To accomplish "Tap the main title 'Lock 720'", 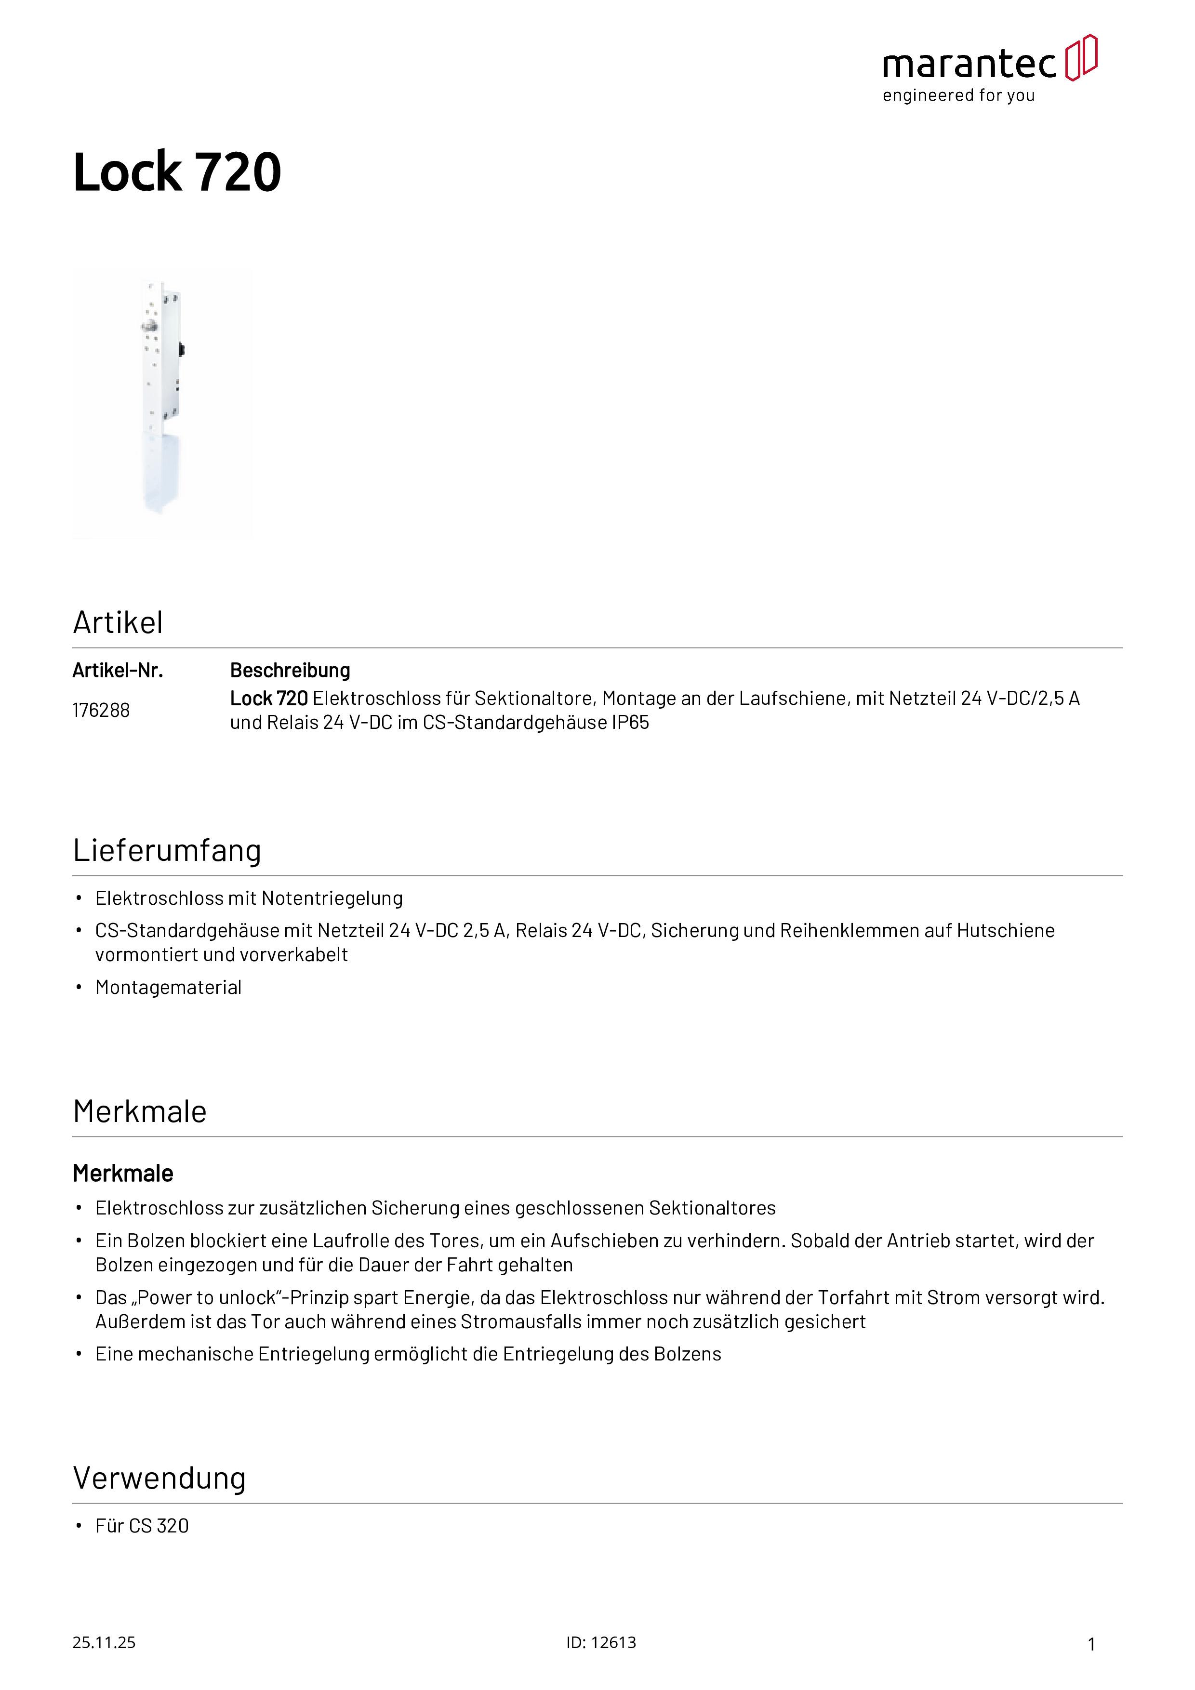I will point(177,172).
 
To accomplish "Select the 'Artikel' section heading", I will point(118,623).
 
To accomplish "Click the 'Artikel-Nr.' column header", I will point(118,671).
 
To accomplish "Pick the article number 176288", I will point(101,710).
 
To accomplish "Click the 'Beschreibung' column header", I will point(290,671).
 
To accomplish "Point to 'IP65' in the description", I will point(630,723).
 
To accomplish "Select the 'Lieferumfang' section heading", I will point(167,851).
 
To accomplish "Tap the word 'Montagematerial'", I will point(169,987).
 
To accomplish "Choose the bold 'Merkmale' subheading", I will point(123,1173).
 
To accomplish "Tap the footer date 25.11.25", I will point(104,1642).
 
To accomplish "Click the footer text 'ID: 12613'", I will point(601,1642).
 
